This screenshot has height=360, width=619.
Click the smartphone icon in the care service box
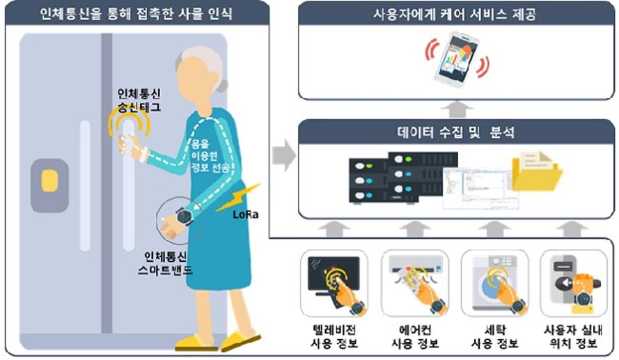[457, 58]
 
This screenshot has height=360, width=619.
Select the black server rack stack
[403, 178]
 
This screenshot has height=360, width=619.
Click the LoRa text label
[246, 214]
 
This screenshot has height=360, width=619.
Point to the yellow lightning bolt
[238, 197]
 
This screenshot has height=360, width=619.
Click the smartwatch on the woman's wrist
[184, 216]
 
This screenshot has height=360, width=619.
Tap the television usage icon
[334, 283]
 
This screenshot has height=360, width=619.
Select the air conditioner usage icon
[414, 283]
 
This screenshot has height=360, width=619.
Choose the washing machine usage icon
[494, 283]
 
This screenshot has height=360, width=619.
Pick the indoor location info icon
[573, 283]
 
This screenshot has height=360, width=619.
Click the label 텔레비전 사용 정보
[334, 337]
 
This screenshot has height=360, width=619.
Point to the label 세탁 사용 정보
[494, 337]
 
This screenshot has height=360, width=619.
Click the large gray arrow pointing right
[284, 155]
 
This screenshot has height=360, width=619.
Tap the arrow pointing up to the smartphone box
[457, 109]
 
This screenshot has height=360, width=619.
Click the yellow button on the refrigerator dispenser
[49, 181]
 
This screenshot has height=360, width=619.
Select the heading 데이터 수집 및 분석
[456, 132]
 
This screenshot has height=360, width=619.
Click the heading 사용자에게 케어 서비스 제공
[455, 15]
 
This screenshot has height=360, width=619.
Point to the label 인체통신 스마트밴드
[166, 264]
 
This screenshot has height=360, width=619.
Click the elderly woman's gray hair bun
[222, 85]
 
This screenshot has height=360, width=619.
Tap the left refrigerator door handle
[85, 185]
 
